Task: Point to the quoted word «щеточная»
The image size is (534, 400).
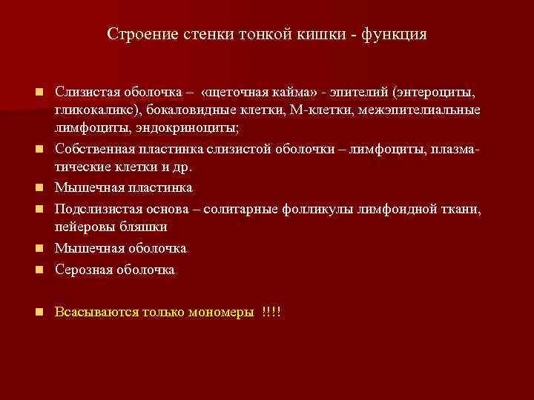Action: pyautogui.click(x=239, y=93)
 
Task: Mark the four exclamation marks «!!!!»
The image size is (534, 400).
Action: pyautogui.click(x=271, y=312)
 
